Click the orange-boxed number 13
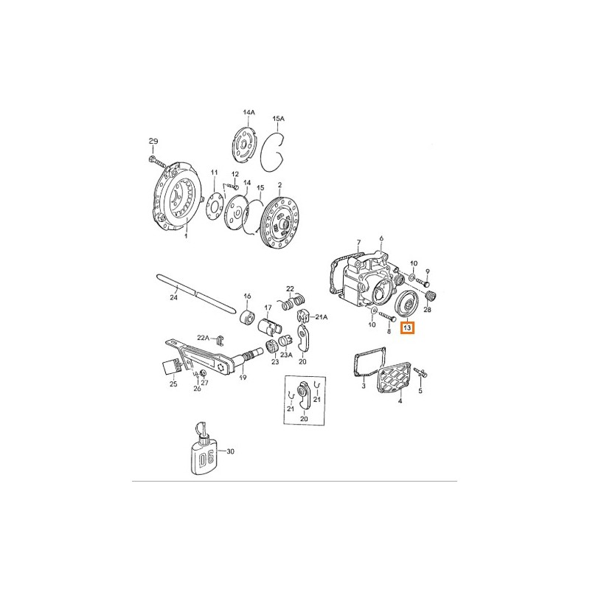pyautogui.click(x=407, y=327)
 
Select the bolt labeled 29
pyautogui.click(x=157, y=162)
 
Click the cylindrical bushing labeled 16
pyautogui.click(x=248, y=316)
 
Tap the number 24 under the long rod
pyautogui.click(x=173, y=297)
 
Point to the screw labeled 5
pyautogui.click(x=420, y=372)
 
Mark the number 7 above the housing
pyautogui.click(x=358, y=243)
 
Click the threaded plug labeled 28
pyautogui.click(x=430, y=296)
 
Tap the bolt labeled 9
pyautogui.click(x=423, y=282)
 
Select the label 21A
pyautogui.click(x=322, y=317)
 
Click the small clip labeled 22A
pyautogui.click(x=219, y=340)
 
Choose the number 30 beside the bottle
pyautogui.click(x=230, y=451)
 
